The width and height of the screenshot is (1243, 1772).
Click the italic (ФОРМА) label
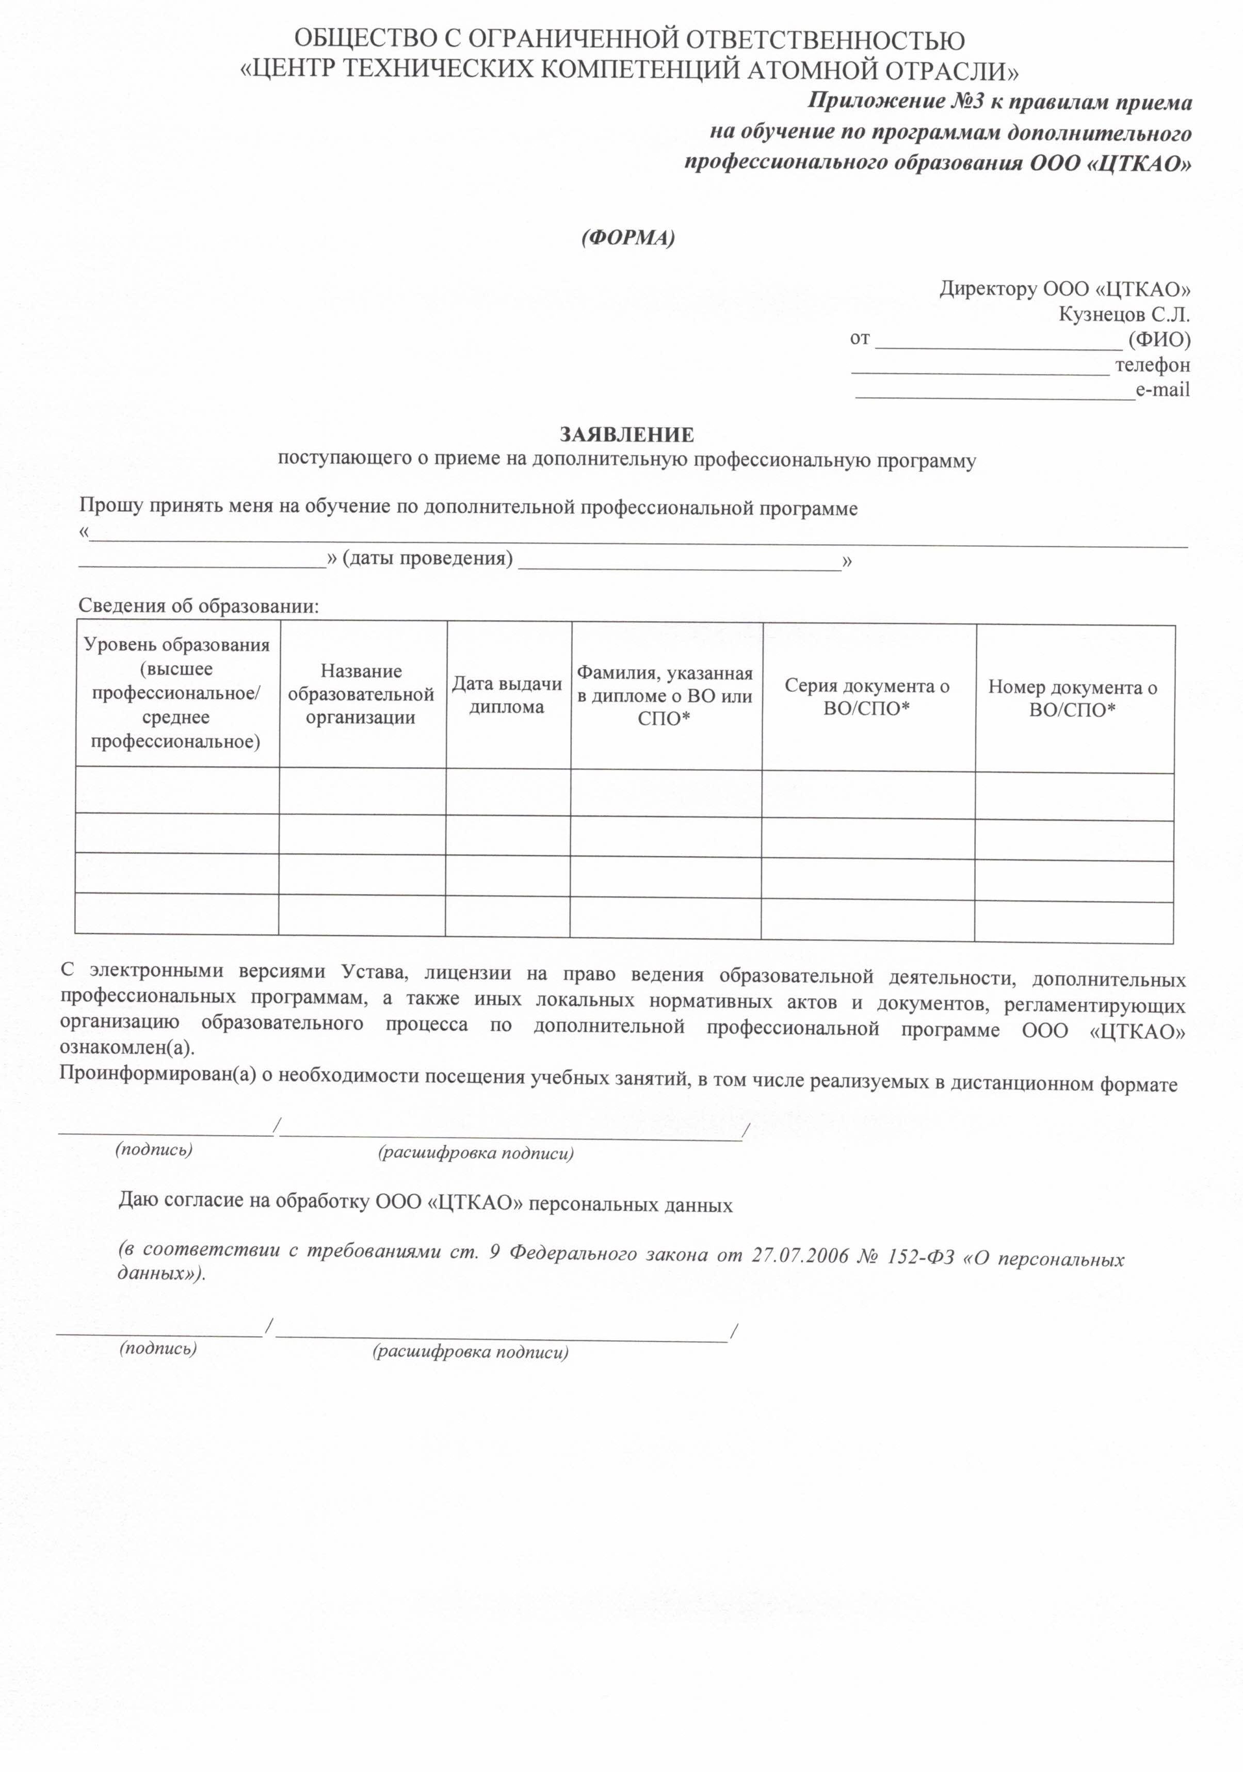[x=627, y=238]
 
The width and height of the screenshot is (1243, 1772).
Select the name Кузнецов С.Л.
[x=1123, y=314]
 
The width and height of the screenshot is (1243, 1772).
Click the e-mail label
[x=1162, y=390]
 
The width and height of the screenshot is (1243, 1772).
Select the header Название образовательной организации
[x=361, y=694]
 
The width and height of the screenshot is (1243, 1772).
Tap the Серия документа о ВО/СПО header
[x=867, y=697]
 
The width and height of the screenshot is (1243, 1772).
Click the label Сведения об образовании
[x=199, y=606]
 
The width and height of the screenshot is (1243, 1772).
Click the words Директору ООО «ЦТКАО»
[x=1064, y=289]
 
